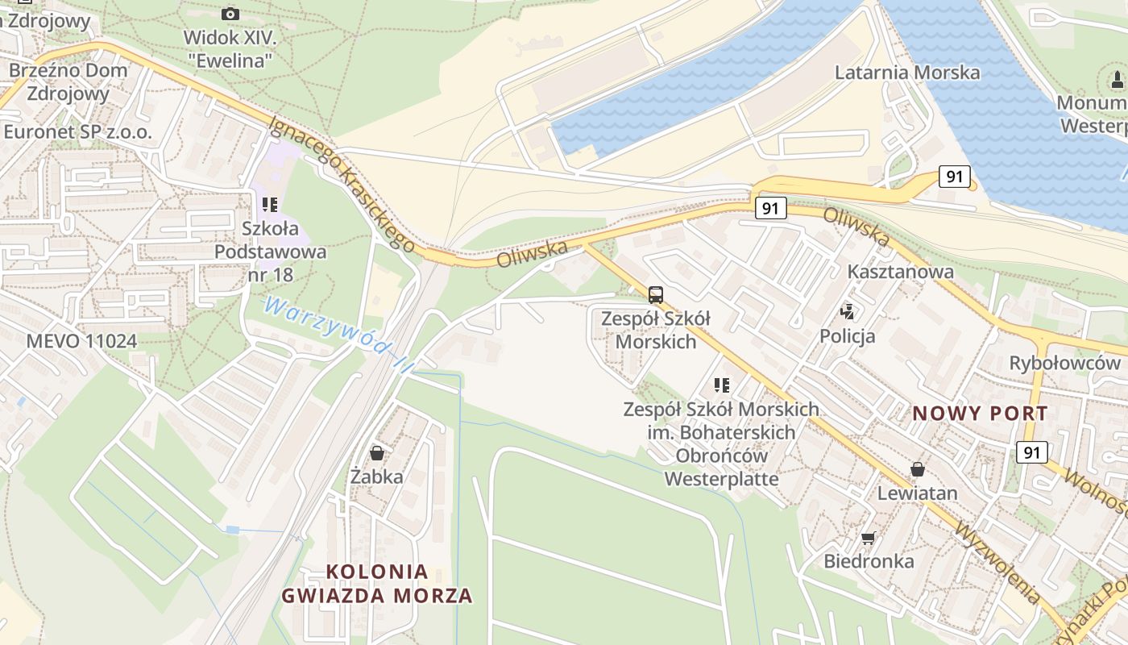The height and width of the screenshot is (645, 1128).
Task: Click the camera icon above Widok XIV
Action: pos(230,14)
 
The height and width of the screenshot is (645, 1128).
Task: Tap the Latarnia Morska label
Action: pos(907,73)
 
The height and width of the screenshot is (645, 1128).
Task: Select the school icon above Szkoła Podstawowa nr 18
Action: pos(270,206)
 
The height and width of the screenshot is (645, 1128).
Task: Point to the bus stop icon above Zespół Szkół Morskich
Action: pos(656,294)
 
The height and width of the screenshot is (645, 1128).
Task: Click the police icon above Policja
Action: pos(847,311)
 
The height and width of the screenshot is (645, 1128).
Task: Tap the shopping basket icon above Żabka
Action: pos(376,453)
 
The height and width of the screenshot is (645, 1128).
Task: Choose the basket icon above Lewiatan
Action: pos(917,469)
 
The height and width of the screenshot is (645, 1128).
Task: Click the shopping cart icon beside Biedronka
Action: pos(868,538)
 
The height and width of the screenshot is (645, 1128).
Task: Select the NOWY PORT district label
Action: pos(980,414)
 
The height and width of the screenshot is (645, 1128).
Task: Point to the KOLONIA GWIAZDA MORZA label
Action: pos(377,584)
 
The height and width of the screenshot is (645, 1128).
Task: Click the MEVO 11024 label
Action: pos(81,341)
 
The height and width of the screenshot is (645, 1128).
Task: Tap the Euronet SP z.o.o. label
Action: pos(77,131)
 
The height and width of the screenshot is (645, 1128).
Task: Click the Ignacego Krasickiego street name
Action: pos(342,183)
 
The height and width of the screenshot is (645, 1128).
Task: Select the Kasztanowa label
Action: pos(900,272)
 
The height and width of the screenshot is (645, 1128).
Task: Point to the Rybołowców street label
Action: pos(1064,364)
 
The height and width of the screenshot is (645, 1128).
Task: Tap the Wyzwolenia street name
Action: pos(997,563)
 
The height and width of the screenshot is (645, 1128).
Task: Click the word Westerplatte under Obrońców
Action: pos(721,479)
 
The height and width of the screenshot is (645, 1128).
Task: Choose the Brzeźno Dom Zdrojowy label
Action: pos(68,81)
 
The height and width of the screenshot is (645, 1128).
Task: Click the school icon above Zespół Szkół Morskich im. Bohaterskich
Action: pos(721,385)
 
